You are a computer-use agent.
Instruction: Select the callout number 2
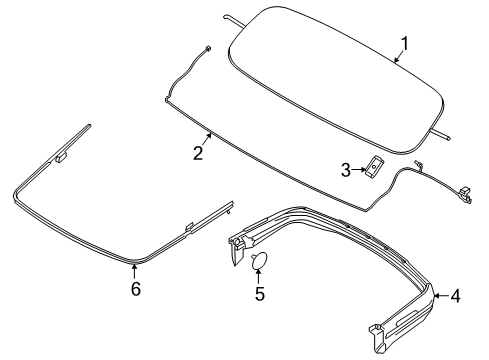coord(198,153)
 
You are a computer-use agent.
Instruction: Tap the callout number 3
coord(346,170)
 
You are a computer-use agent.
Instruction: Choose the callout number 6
coord(135,289)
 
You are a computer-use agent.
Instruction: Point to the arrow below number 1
coord(397,58)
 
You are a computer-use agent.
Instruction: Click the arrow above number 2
coord(207,138)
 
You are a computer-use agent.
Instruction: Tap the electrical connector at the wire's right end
coord(464,192)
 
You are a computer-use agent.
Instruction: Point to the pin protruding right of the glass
coord(443,131)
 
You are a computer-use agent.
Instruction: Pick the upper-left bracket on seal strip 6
coord(64,155)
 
